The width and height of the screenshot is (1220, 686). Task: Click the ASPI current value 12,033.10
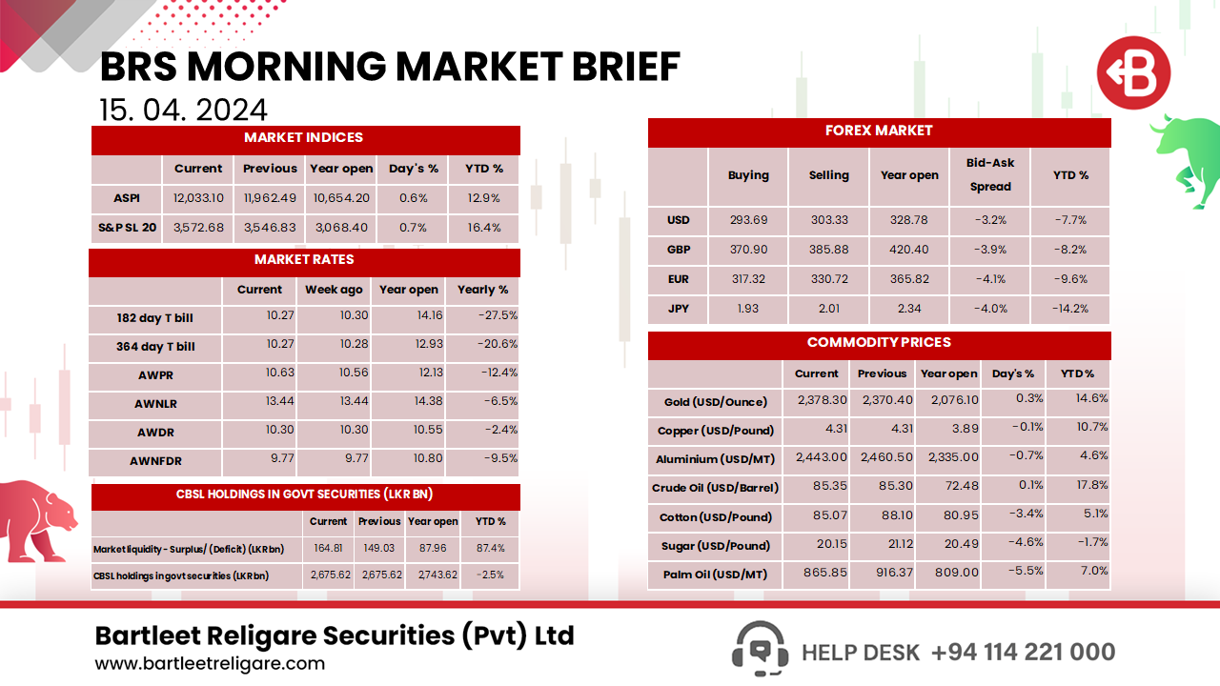coord(198,198)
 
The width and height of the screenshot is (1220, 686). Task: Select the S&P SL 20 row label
coord(127,228)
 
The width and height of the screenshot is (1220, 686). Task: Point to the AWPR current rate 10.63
coord(279,373)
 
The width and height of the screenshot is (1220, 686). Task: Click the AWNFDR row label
coord(154,461)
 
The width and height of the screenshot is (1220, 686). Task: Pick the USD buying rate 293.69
coord(748,220)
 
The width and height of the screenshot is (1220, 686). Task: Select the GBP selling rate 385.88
coord(828,250)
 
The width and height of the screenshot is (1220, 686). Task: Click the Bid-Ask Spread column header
coord(990,175)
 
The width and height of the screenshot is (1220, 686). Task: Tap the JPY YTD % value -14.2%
coord(1069,309)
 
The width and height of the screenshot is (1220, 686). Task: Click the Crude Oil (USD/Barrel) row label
coord(714,488)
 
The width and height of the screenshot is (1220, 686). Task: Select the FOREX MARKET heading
coord(879,131)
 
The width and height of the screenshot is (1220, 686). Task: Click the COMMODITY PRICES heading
coord(879,343)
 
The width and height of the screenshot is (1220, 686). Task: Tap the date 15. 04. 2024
coord(183,110)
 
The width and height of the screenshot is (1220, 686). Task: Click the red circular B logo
coord(1132,73)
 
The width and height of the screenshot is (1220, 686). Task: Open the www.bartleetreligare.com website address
coord(210,663)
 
